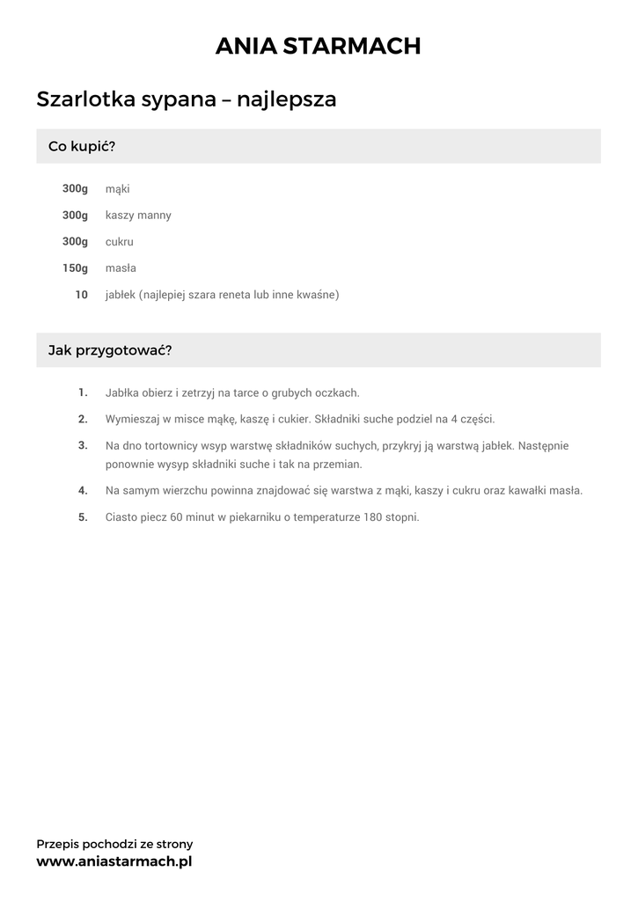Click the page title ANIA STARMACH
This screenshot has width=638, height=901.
click(x=319, y=46)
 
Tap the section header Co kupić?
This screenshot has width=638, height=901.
click(x=82, y=146)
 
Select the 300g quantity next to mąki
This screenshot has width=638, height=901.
click(x=75, y=189)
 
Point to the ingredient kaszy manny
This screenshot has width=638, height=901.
click(x=138, y=216)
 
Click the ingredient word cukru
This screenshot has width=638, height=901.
click(x=120, y=242)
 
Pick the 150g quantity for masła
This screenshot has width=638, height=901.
click(x=75, y=268)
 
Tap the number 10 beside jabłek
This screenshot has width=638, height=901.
click(x=81, y=295)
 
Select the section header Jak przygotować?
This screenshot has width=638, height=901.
click(x=110, y=350)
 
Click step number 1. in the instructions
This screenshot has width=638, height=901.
click(x=83, y=392)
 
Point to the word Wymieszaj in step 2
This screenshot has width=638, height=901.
click(x=132, y=419)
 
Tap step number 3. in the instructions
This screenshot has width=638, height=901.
click(x=83, y=445)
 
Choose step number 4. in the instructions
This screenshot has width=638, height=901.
click(x=83, y=490)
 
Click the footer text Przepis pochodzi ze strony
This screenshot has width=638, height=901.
click(x=114, y=844)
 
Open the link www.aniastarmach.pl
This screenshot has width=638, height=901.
click(x=114, y=861)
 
